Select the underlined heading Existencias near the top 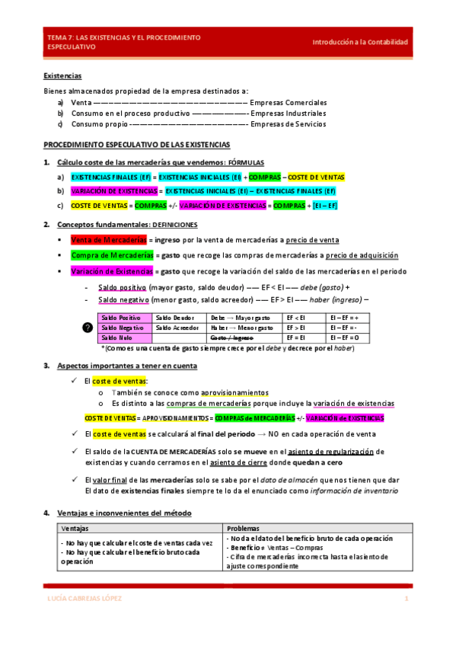pyautogui.click(x=62, y=76)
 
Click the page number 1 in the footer pyautogui.click(x=407, y=599)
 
